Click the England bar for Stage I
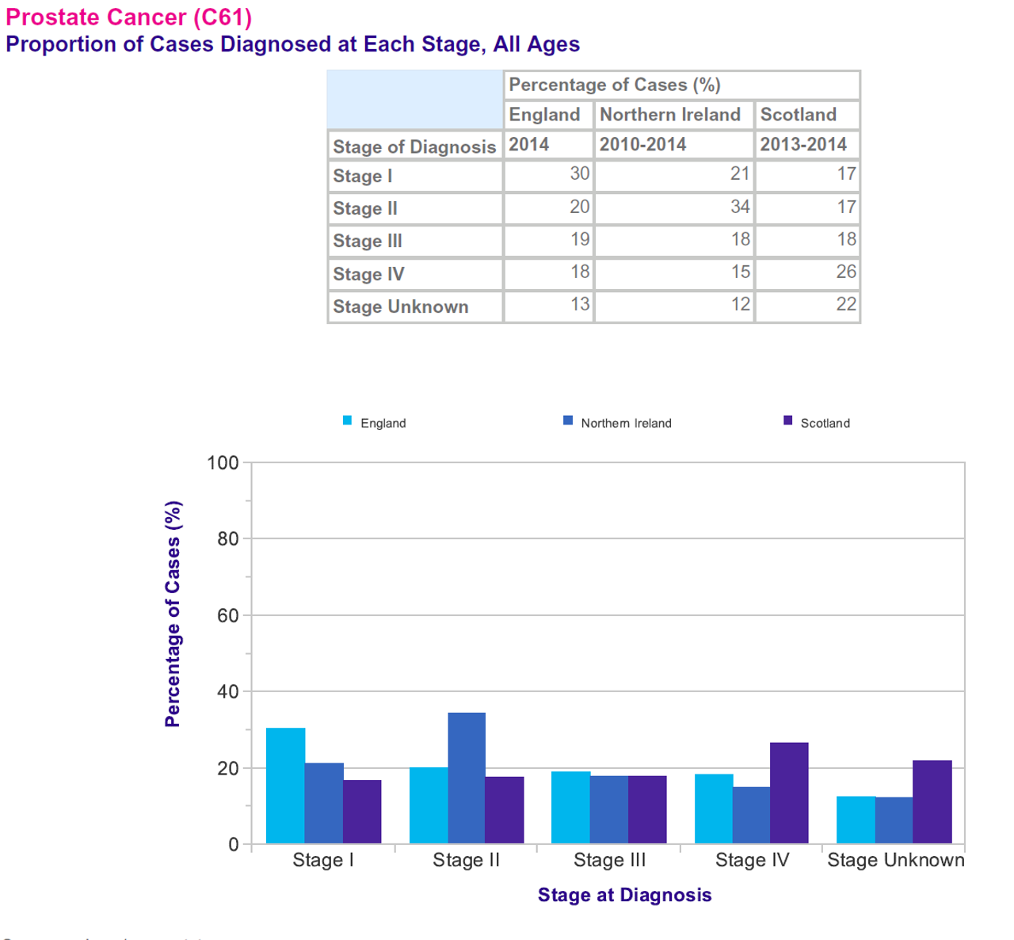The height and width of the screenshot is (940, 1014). (x=285, y=786)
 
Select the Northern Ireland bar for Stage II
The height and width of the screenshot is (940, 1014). (x=467, y=778)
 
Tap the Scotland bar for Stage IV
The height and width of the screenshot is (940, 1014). (x=789, y=793)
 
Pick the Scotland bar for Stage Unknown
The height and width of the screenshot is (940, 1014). (x=932, y=801)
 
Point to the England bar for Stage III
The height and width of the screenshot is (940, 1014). (x=570, y=807)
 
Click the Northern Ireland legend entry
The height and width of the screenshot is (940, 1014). (x=618, y=423)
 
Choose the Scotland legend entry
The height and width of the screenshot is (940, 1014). (x=817, y=423)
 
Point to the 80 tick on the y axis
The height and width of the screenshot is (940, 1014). (x=228, y=539)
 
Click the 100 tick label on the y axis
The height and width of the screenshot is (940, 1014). (x=223, y=462)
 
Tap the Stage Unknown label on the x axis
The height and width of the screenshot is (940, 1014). (x=895, y=860)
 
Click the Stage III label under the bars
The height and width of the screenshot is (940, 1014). (x=609, y=860)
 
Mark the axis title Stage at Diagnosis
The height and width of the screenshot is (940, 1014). (x=624, y=895)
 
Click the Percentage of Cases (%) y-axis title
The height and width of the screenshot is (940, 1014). (x=173, y=614)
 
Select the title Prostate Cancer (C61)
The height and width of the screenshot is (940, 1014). (x=128, y=17)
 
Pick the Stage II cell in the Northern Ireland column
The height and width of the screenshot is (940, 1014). (x=674, y=208)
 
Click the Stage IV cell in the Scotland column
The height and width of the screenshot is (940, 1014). (x=807, y=273)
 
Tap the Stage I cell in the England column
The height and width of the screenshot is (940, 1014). (x=548, y=175)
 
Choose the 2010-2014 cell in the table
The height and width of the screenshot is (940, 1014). (x=674, y=145)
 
